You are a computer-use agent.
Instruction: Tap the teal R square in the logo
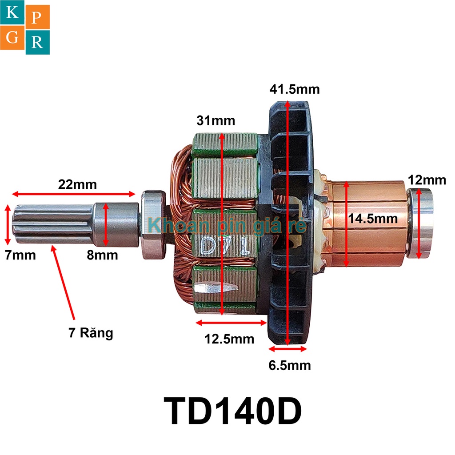(x=38, y=43)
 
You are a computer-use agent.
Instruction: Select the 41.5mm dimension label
(x=294, y=89)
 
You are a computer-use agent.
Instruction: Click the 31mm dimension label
(x=216, y=120)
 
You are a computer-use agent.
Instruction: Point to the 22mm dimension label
(x=77, y=184)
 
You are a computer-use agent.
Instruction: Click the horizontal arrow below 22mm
(x=73, y=194)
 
